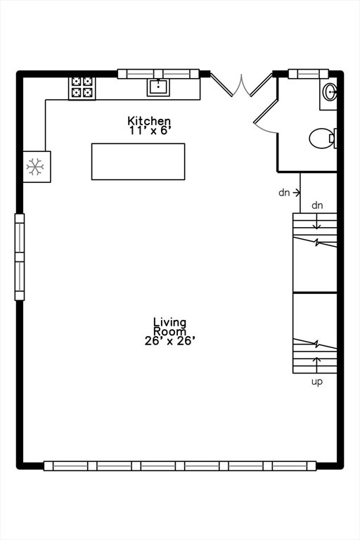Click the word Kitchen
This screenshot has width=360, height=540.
(149, 121)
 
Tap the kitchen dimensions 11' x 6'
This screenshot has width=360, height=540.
(150, 131)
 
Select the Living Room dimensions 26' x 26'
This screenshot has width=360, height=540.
(170, 341)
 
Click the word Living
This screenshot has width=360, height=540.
(169, 322)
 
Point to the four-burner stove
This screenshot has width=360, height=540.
(82, 88)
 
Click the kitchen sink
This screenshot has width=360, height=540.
(158, 87)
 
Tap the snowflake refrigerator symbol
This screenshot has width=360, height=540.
(35, 167)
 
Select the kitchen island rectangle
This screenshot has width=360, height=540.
(138, 162)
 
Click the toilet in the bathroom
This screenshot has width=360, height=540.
(323, 139)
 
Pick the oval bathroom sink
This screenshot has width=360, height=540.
(330, 92)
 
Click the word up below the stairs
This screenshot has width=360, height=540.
(317, 382)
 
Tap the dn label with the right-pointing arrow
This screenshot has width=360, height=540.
(289, 193)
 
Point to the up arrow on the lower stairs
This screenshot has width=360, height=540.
(316, 365)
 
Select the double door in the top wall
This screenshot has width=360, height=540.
(241, 84)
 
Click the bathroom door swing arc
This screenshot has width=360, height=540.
(265, 129)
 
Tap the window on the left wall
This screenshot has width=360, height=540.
(20, 257)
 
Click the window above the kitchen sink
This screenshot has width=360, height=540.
(158, 74)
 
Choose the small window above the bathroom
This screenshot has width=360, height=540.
(309, 74)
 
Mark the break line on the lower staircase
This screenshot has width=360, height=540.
(315, 343)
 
